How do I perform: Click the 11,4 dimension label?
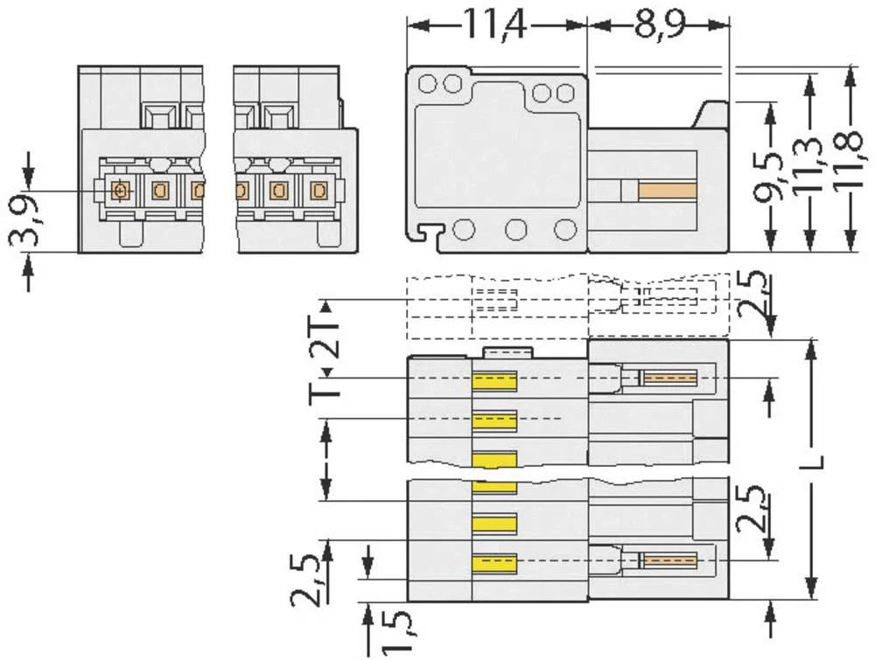(x=494, y=25)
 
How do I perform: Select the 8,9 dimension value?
(x=659, y=25)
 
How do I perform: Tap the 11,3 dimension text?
(x=808, y=164)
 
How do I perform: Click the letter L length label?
(x=813, y=462)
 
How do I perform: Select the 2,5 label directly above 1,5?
(x=305, y=580)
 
